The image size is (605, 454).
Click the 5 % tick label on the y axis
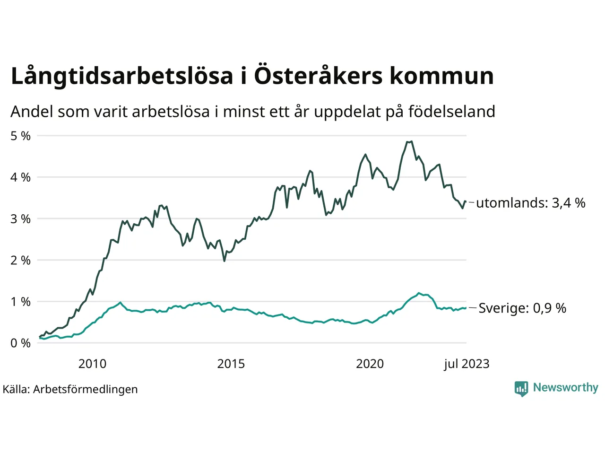tap(20, 136)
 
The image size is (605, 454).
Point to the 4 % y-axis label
tap(20, 177)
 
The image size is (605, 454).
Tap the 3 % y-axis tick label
tap(20, 219)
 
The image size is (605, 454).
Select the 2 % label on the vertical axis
tap(20, 260)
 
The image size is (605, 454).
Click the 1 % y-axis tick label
tap(20, 302)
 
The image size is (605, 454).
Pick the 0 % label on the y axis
tap(20, 343)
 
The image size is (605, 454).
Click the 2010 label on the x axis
tap(92, 364)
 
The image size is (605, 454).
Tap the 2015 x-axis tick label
tap(231, 364)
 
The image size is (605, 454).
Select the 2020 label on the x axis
tap(370, 364)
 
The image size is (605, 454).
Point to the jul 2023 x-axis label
tap(467, 364)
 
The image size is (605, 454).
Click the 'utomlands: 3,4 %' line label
tap(530, 203)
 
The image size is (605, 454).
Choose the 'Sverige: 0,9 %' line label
tap(522, 308)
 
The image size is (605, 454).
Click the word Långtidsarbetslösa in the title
tap(122, 76)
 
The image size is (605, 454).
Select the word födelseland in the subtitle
tap(451, 112)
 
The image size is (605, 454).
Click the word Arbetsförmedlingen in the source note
tap(86, 389)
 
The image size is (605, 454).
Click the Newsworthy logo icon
tap(521, 388)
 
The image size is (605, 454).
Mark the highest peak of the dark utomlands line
tap(411, 141)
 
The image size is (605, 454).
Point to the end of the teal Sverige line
tap(466, 308)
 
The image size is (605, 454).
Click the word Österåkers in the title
tap(318, 76)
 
